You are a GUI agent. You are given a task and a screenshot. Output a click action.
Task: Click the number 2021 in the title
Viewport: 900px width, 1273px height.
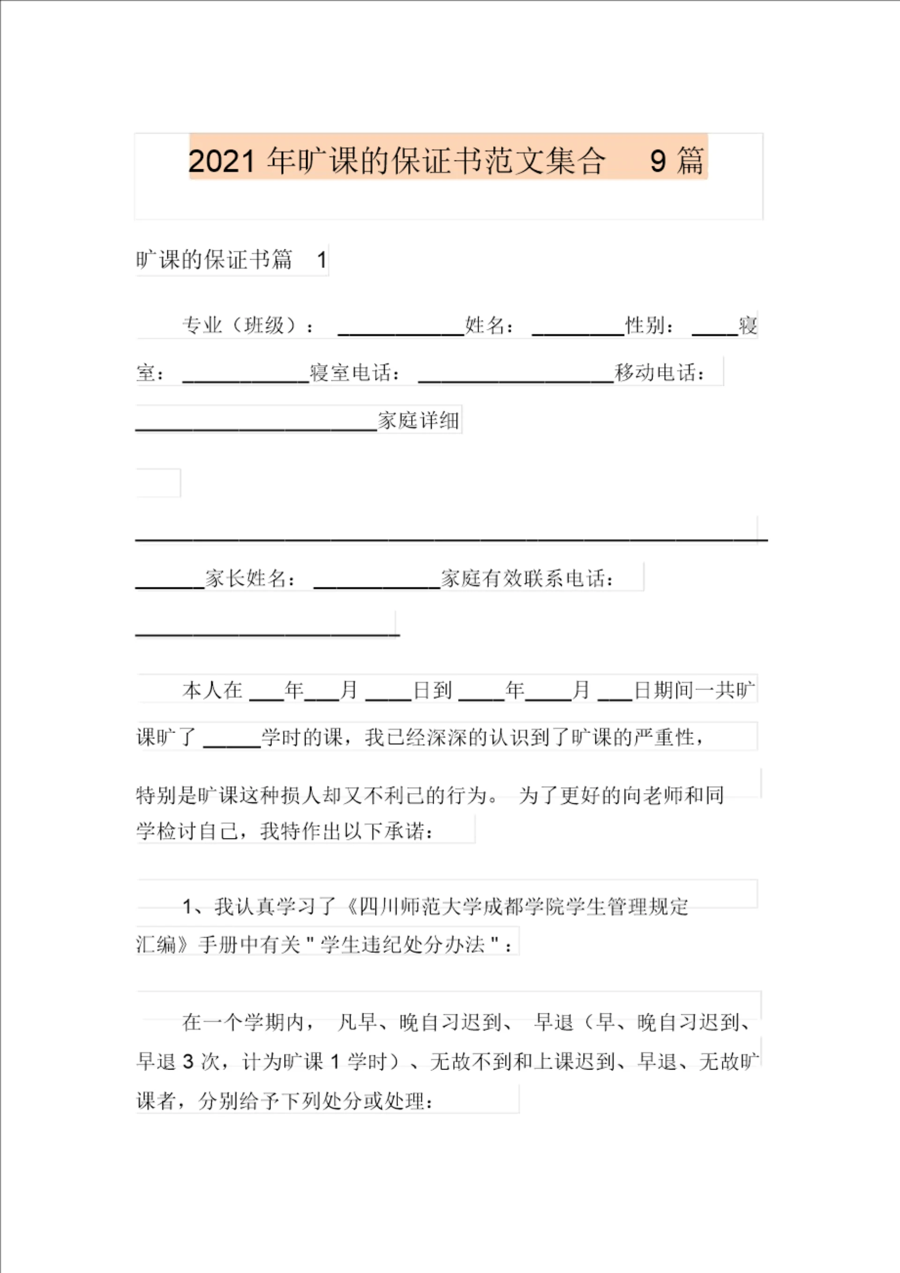[221, 161]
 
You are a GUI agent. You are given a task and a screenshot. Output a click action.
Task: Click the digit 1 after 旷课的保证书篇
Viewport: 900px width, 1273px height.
[322, 260]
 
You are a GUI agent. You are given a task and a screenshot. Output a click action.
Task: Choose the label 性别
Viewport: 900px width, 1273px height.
[649, 325]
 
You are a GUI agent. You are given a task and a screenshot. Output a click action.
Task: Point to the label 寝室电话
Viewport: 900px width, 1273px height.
[354, 373]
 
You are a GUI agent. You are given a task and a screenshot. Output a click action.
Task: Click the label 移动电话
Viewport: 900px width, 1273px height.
[660, 373]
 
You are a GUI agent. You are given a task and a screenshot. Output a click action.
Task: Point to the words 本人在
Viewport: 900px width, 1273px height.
[212, 690]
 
